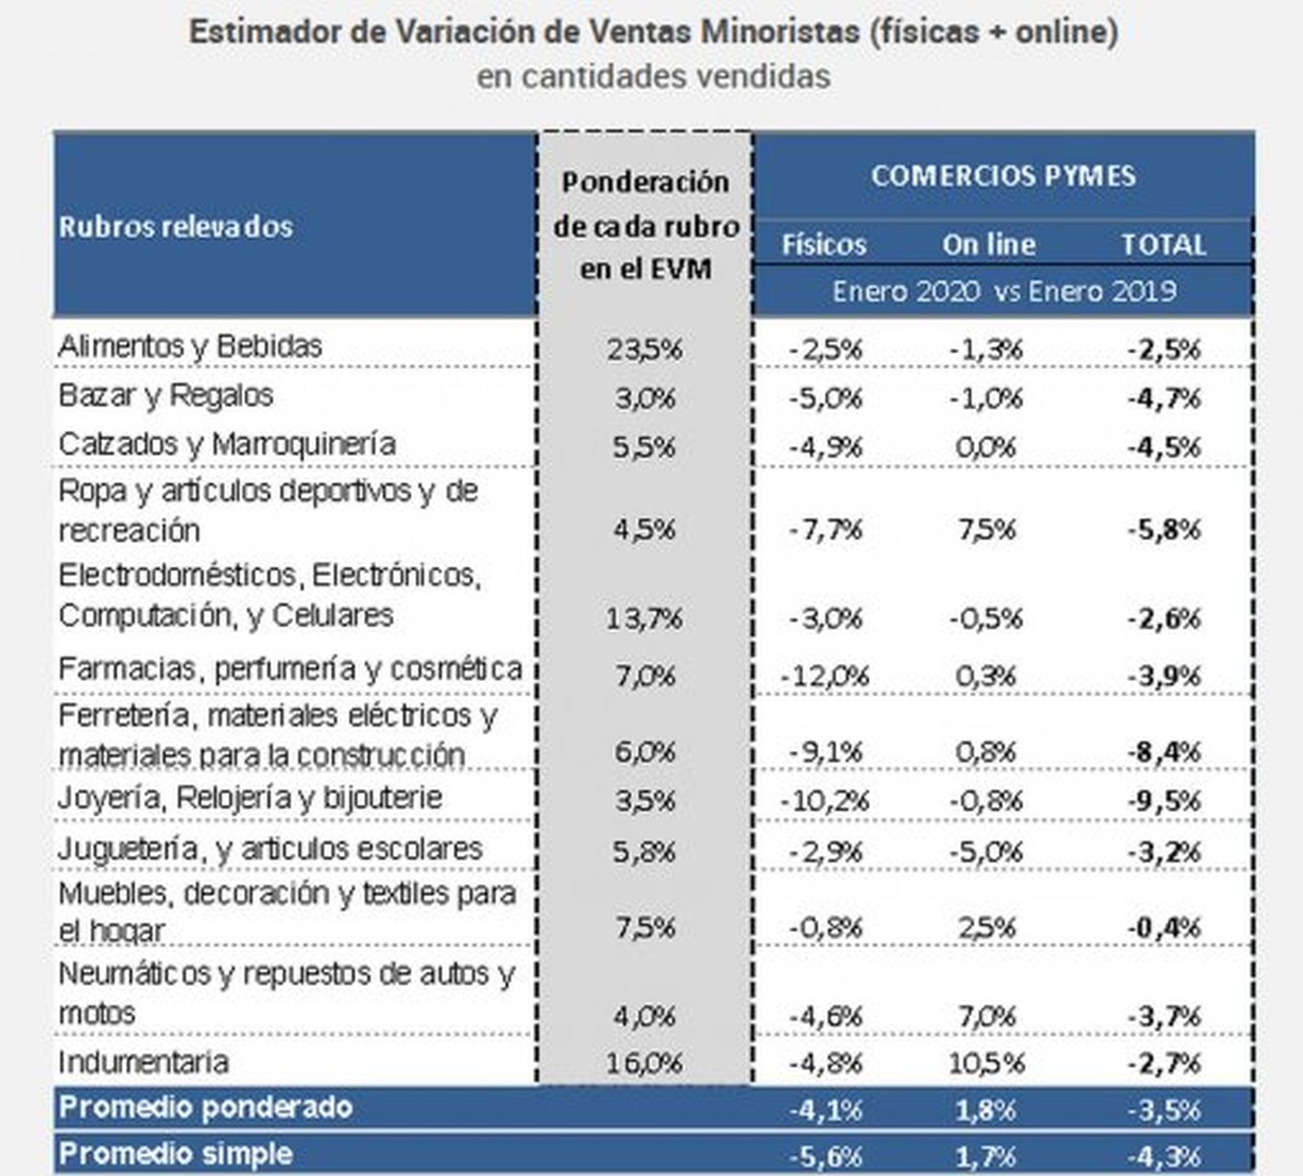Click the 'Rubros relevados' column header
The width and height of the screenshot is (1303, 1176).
(x=176, y=227)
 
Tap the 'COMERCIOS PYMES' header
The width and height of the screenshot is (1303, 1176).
(x=1003, y=177)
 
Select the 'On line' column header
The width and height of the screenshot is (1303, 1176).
(x=988, y=245)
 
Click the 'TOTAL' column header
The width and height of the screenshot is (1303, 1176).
(x=1163, y=245)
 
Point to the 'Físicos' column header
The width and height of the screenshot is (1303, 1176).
(x=824, y=245)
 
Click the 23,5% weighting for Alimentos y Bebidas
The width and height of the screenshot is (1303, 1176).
(x=644, y=350)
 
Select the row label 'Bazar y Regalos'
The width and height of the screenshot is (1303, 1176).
(x=166, y=396)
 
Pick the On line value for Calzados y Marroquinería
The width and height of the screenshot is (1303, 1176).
(x=986, y=447)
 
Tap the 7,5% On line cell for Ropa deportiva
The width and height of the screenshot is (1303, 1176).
(x=987, y=530)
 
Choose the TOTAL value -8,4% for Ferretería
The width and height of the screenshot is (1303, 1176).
(x=1164, y=752)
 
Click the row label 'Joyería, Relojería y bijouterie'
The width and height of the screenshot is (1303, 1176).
(x=250, y=798)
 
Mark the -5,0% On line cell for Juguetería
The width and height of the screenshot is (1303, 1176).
(x=986, y=851)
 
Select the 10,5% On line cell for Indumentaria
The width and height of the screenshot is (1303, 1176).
(x=986, y=1063)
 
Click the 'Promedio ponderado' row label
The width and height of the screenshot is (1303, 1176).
(x=206, y=1107)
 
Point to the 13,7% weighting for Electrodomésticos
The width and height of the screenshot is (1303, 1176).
(x=644, y=619)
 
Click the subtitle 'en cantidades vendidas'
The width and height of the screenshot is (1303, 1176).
(x=653, y=76)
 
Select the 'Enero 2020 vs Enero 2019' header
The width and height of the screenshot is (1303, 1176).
(x=1004, y=292)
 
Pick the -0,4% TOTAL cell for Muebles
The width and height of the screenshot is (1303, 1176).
(x=1164, y=927)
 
